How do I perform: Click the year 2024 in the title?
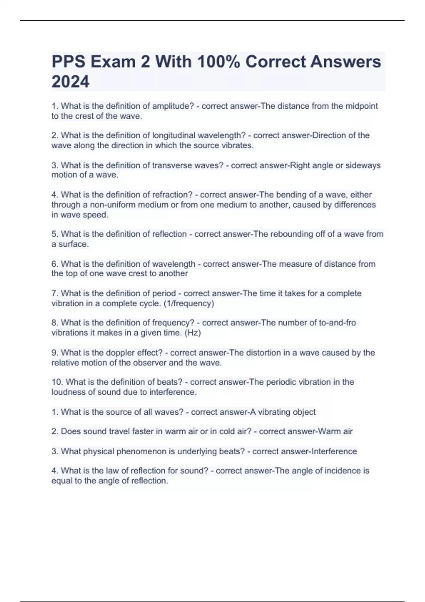coord(70,82)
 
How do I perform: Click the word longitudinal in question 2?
coord(174,135)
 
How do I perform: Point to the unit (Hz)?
coord(193,333)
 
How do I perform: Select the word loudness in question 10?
coord(67,392)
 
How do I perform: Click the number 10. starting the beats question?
coord(57,382)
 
